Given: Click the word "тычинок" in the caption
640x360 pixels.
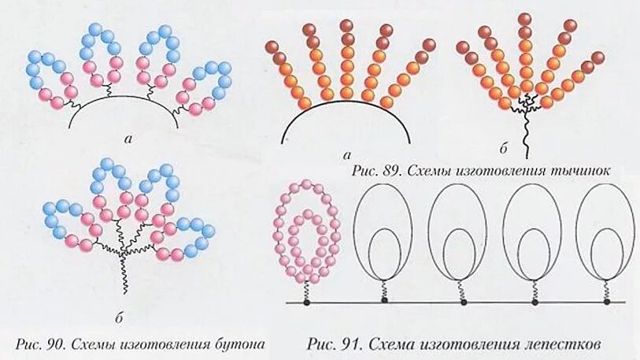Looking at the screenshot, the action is (586, 169).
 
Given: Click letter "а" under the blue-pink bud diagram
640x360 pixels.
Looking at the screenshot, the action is (128, 138).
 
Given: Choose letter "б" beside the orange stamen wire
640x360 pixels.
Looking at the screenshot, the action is (502, 147).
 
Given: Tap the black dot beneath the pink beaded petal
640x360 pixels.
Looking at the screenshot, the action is (306, 302).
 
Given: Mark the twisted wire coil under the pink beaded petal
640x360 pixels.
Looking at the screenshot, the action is (306, 289).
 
